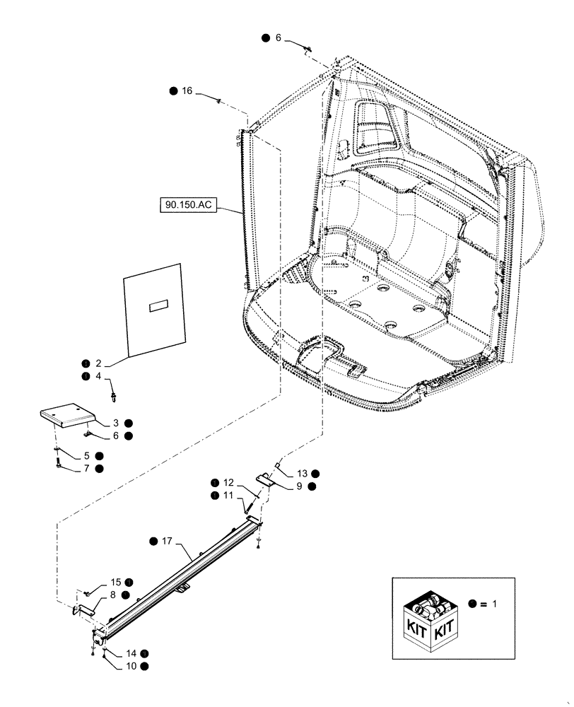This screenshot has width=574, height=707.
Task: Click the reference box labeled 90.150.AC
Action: pos(188,206)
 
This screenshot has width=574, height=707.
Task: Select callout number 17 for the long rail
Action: pos(167,542)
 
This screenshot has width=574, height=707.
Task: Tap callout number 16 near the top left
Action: pos(187,91)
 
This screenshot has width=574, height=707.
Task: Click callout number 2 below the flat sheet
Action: pos(98,363)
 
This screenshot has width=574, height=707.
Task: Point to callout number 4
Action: pos(98,377)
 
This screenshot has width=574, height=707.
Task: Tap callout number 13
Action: pos(301,473)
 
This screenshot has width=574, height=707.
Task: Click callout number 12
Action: pos(228,482)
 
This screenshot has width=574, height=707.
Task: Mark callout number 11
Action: pos(228,496)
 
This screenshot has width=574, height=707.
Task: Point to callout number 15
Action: pos(115,582)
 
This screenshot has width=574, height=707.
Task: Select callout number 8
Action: pos(113,595)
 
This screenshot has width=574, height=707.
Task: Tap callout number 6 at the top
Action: pos(278,38)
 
